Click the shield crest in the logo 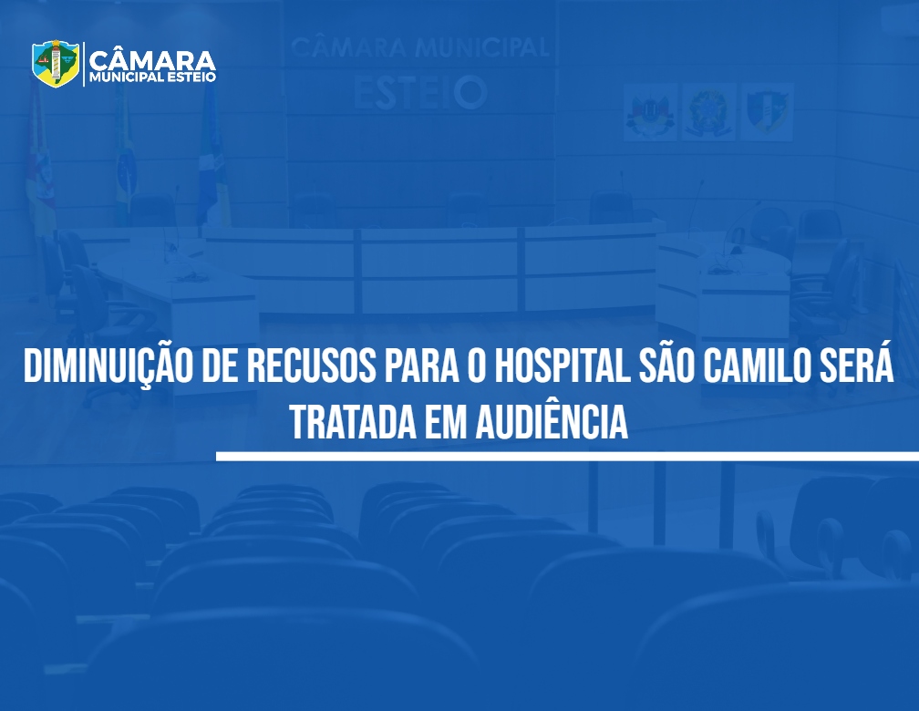[x=56, y=64]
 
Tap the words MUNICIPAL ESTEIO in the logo [x=152, y=77]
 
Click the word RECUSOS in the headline [x=311, y=366]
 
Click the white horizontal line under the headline [x=567, y=456]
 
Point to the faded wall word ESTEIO [x=420, y=93]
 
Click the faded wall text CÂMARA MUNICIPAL [x=420, y=46]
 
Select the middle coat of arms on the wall [x=708, y=112]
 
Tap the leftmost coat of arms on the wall [x=650, y=112]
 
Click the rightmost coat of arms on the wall [x=767, y=112]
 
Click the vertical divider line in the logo [x=84, y=64]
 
